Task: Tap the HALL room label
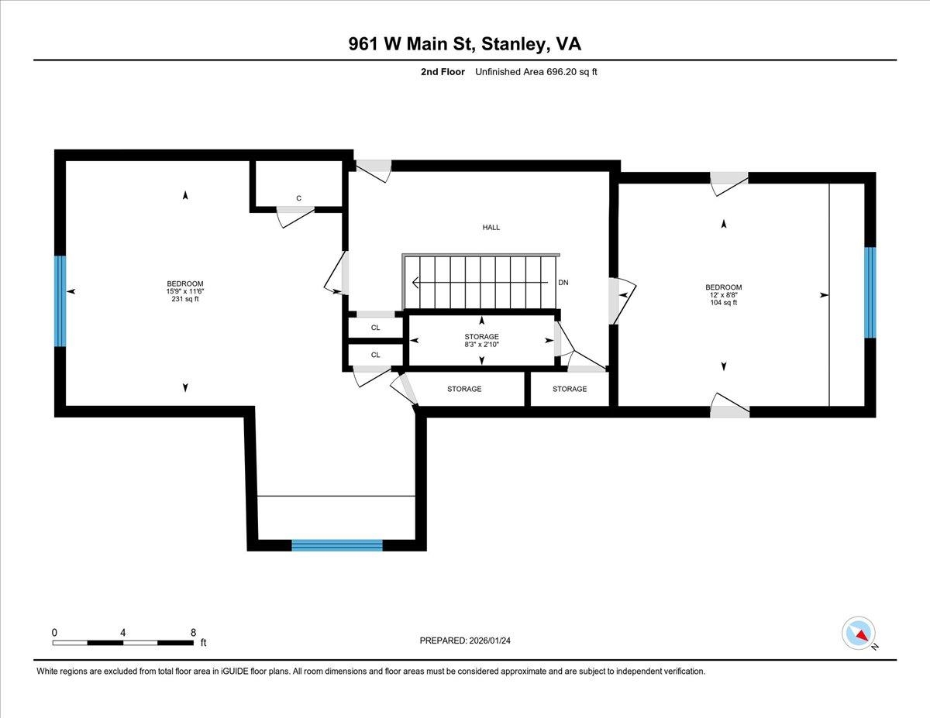(491, 228)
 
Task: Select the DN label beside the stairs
(563, 283)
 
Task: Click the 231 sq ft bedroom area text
(185, 300)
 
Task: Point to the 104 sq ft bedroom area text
(724, 303)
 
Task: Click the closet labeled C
(298, 198)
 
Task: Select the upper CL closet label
(376, 328)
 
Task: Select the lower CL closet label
(376, 355)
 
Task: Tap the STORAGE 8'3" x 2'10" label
(481, 341)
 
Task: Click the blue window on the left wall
(60, 301)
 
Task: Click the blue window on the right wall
(870, 293)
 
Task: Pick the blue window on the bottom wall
(337, 545)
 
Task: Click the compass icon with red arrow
(859, 633)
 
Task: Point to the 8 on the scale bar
(193, 632)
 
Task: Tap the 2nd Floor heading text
(439, 72)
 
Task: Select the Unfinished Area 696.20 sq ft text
(536, 72)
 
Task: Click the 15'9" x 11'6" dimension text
(185, 291)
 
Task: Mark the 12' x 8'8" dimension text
(724, 295)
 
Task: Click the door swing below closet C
(294, 218)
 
